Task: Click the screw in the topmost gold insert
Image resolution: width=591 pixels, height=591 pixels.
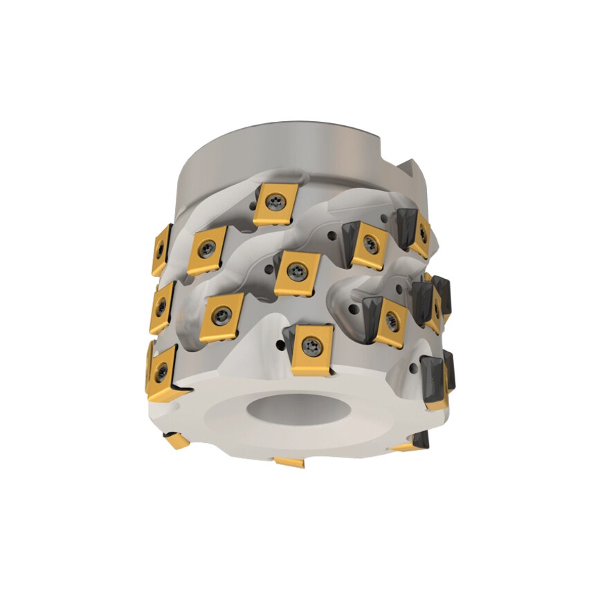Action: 275,200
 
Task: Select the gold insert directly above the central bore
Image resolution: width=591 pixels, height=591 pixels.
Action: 311,349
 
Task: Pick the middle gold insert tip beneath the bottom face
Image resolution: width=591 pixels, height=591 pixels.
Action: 289,462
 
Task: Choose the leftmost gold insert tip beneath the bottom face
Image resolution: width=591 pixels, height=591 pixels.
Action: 174,439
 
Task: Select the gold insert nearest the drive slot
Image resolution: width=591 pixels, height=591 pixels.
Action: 421,233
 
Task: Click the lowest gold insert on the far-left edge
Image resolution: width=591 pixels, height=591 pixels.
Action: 162,370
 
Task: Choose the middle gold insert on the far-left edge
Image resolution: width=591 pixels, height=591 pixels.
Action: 162,307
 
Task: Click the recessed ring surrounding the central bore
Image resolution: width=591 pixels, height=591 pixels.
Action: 228,408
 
